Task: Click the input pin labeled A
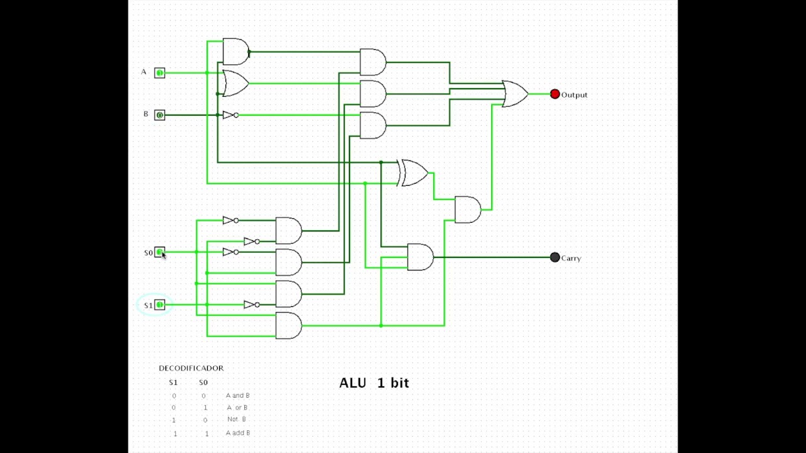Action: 160,73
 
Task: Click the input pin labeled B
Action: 160,115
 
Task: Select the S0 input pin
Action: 160,252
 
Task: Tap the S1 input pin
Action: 160,305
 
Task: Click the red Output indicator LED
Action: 555,94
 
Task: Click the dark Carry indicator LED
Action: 555,257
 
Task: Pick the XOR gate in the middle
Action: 413,172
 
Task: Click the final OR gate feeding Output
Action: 514,94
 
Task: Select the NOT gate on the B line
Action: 230,115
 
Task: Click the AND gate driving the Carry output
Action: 419,257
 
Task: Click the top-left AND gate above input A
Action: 236,52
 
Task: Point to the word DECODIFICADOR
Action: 191,368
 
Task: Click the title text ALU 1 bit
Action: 374,383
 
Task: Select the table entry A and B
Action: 237,396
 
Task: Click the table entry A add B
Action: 237,433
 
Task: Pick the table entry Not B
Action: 237,419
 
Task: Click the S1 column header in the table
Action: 173,383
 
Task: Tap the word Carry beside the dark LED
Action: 570,259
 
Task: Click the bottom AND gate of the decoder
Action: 288,325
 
